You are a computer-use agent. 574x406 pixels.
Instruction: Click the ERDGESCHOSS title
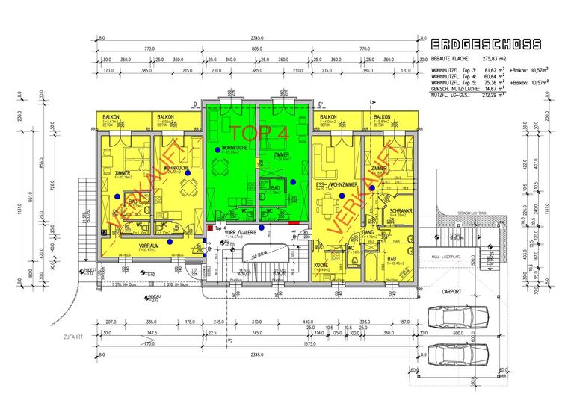click(x=487, y=45)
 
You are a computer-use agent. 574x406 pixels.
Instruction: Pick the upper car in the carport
click(x=454, y=318)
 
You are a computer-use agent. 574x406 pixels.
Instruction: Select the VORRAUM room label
click(x=149, y=245)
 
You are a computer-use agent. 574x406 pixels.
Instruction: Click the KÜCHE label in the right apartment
click(x=322, y=265)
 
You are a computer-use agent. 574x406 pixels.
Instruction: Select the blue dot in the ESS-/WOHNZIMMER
click(x=341, y=196)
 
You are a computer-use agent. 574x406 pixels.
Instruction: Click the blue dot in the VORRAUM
click(x=171, y=242)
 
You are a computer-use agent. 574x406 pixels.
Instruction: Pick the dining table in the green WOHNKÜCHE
click(x=218, y=164)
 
